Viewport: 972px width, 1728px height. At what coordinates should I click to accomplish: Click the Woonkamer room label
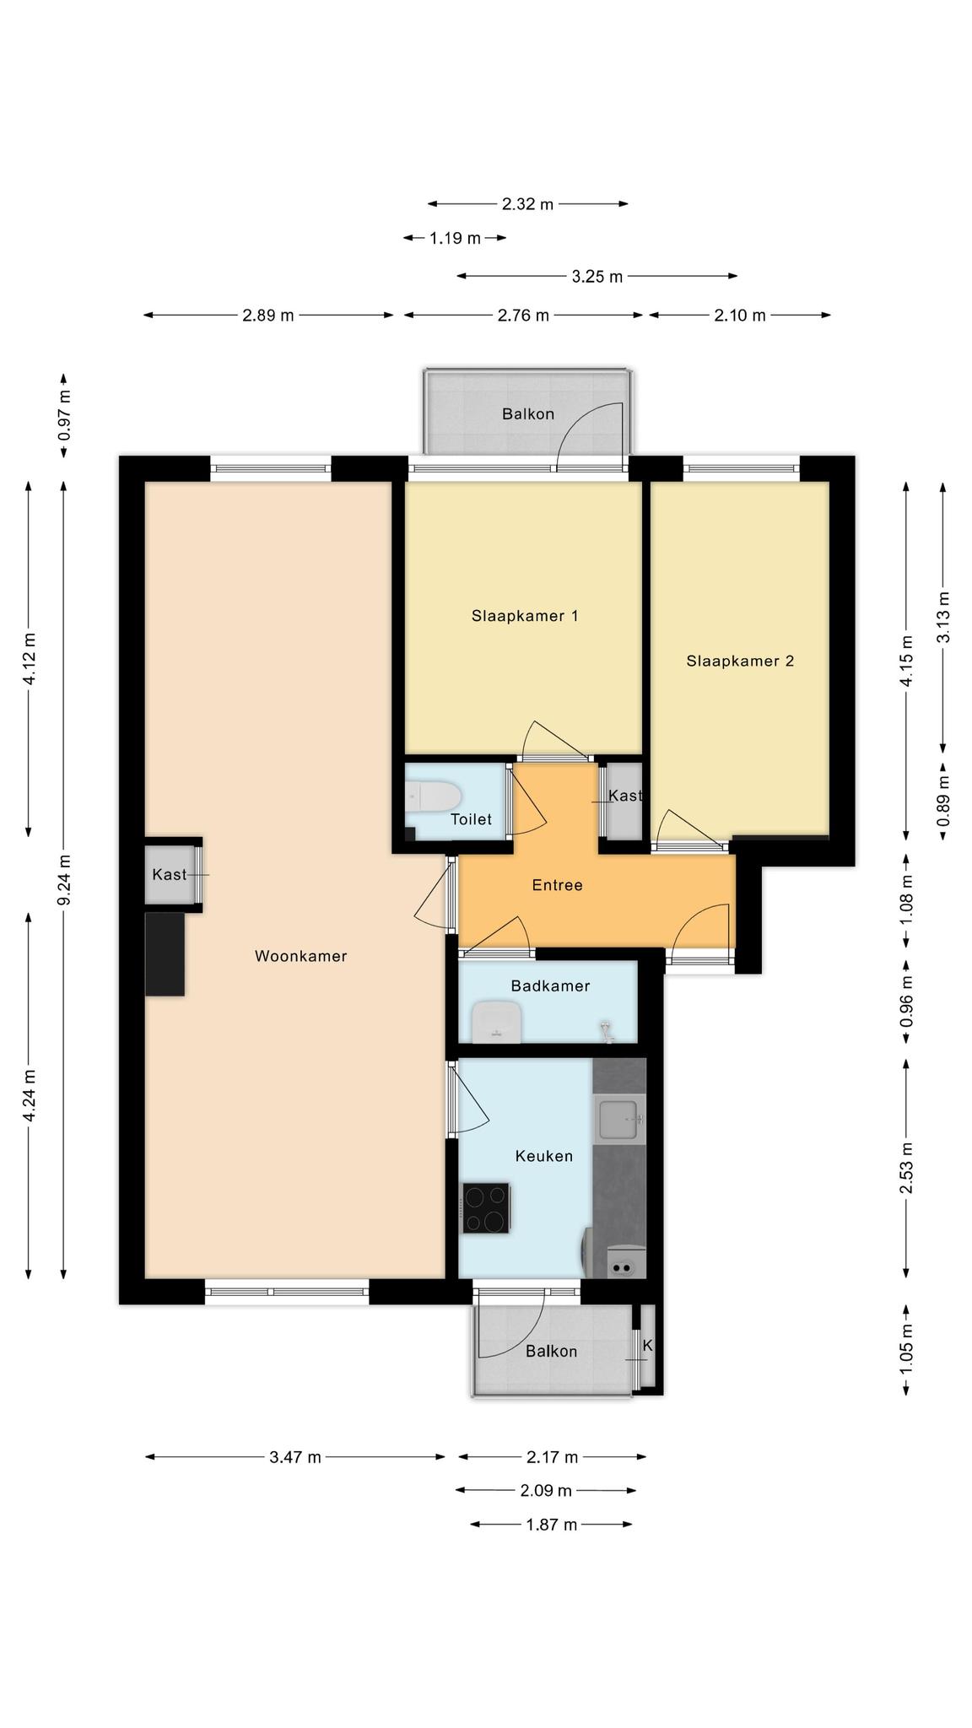point(300,956)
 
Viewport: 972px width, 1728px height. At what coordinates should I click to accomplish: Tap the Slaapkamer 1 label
point(525,616)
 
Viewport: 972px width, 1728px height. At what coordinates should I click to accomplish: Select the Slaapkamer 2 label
point(740,661)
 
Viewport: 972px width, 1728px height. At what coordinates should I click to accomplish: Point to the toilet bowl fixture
point(432,796)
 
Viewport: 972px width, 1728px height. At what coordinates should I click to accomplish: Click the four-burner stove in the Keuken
point(486,1208)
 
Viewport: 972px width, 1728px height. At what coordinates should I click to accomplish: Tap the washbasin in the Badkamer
point(497,1021)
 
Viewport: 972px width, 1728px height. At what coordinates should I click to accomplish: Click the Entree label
point(557,885)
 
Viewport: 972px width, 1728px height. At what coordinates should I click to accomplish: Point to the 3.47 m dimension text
point(295,1457)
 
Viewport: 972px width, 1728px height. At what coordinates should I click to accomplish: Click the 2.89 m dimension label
point(268,316)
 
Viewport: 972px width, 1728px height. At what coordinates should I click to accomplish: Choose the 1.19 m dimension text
point(455,238)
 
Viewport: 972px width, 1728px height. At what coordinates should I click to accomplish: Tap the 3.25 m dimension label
point(597,276)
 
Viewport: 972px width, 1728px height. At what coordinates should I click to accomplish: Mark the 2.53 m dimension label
point(907,1169)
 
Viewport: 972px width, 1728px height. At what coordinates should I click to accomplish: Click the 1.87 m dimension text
point(551,1525)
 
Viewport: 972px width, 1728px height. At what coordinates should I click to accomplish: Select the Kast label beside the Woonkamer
point(170,874)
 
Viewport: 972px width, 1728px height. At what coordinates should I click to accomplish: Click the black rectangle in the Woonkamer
point(165,953)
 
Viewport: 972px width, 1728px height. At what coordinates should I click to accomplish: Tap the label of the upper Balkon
point(528,414)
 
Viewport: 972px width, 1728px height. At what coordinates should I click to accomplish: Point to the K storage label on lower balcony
point(648,1346)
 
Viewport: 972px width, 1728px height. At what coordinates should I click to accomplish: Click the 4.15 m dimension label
point(907,661)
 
